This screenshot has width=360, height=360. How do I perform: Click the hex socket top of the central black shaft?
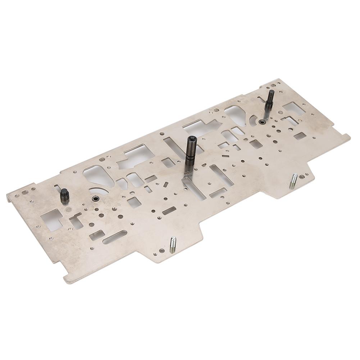191,139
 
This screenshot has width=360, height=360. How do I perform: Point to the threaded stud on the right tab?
293,181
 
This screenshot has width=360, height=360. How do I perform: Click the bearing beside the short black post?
95,199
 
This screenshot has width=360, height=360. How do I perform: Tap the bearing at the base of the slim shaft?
262,122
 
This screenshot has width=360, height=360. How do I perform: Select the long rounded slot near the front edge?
114,237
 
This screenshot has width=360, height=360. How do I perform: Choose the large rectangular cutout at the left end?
51,219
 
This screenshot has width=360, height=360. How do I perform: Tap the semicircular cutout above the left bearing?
99,191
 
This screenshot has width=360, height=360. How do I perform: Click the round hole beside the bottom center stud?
162,251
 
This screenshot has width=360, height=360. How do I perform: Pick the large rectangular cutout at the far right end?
294,108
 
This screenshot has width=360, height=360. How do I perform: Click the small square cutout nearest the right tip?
300,136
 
